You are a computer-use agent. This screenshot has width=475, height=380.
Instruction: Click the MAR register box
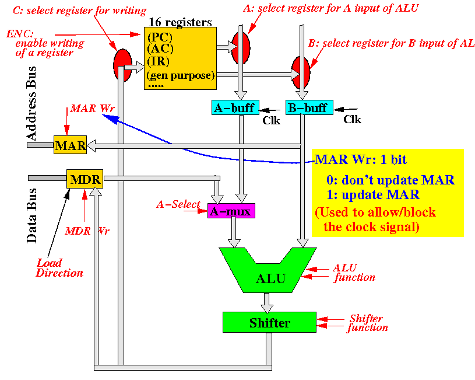point(71,145)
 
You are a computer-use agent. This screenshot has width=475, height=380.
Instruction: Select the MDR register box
point(85,179)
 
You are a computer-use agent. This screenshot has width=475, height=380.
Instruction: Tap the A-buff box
point(235,107)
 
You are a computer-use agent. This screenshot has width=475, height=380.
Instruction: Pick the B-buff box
point(309,107)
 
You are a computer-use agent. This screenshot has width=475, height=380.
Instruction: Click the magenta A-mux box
point(231,211)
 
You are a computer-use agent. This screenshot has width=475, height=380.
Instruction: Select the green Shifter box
point(269,322)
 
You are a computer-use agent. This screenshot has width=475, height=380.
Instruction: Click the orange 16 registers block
point(180,58)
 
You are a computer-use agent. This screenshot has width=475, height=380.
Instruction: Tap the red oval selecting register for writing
point(123,65)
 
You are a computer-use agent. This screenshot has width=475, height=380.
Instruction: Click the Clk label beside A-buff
point(271,120)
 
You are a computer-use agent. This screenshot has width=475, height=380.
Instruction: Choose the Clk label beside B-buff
point(352,119)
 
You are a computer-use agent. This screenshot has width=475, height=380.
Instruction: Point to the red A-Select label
point(178,204)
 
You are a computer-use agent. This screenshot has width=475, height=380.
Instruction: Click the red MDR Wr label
point(87,231)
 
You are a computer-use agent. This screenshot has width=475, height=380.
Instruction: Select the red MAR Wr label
point(93,109)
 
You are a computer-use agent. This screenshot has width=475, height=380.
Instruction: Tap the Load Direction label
point(59,268)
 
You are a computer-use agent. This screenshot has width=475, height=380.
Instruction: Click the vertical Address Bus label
point(31,103)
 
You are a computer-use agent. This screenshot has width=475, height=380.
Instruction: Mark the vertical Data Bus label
point(31,216)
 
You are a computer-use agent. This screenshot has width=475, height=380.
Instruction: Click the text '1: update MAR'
point(373,194)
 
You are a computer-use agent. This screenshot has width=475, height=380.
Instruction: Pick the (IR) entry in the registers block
point(158,61)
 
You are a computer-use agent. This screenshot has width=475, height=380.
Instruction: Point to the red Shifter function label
point(367,323)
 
